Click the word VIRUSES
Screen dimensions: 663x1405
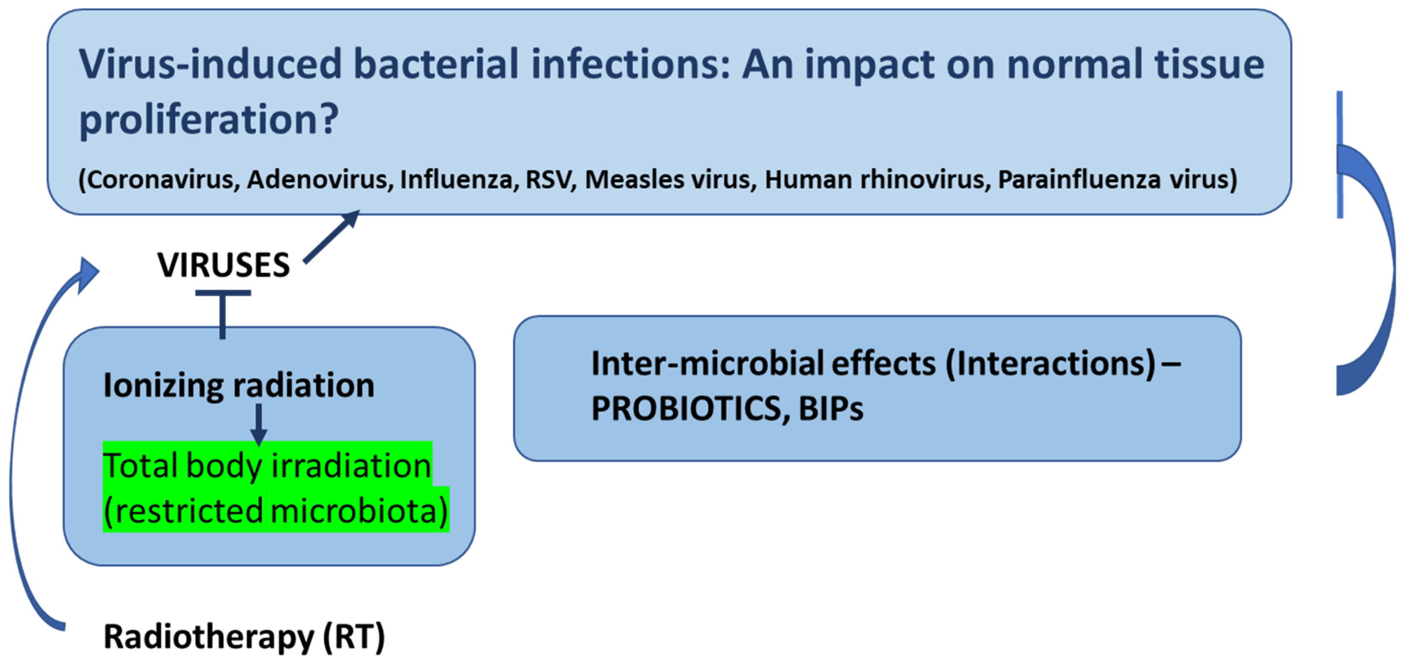[x=223, y=265]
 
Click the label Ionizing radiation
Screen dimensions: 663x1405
[x=239, y=385]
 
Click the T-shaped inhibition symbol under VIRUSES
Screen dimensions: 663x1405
[x=223, y=311]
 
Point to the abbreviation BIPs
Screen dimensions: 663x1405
[x=830, y=409]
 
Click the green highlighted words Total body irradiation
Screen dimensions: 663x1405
[x=267, y=466]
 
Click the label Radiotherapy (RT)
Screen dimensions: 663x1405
[x=244, y=637]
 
